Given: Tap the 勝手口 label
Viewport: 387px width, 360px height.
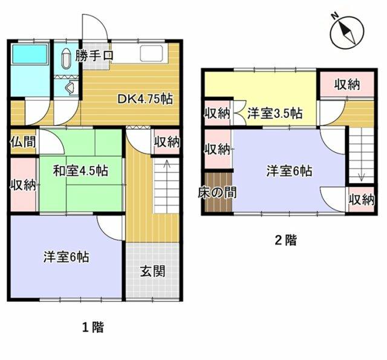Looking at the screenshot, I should point(95,57).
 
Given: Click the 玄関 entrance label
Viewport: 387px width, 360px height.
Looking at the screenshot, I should point(153,271).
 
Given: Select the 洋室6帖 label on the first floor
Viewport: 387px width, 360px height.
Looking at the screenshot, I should point(66,257).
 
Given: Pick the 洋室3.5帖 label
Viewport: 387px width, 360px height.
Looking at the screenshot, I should point(274,113).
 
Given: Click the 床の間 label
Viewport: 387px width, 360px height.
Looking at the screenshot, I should point(217,193).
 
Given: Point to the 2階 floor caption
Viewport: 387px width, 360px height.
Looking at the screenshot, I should point(286,240).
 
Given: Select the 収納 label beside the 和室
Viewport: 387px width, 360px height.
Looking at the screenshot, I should point(22,185).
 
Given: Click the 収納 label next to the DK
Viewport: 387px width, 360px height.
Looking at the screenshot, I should point(166,143).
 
